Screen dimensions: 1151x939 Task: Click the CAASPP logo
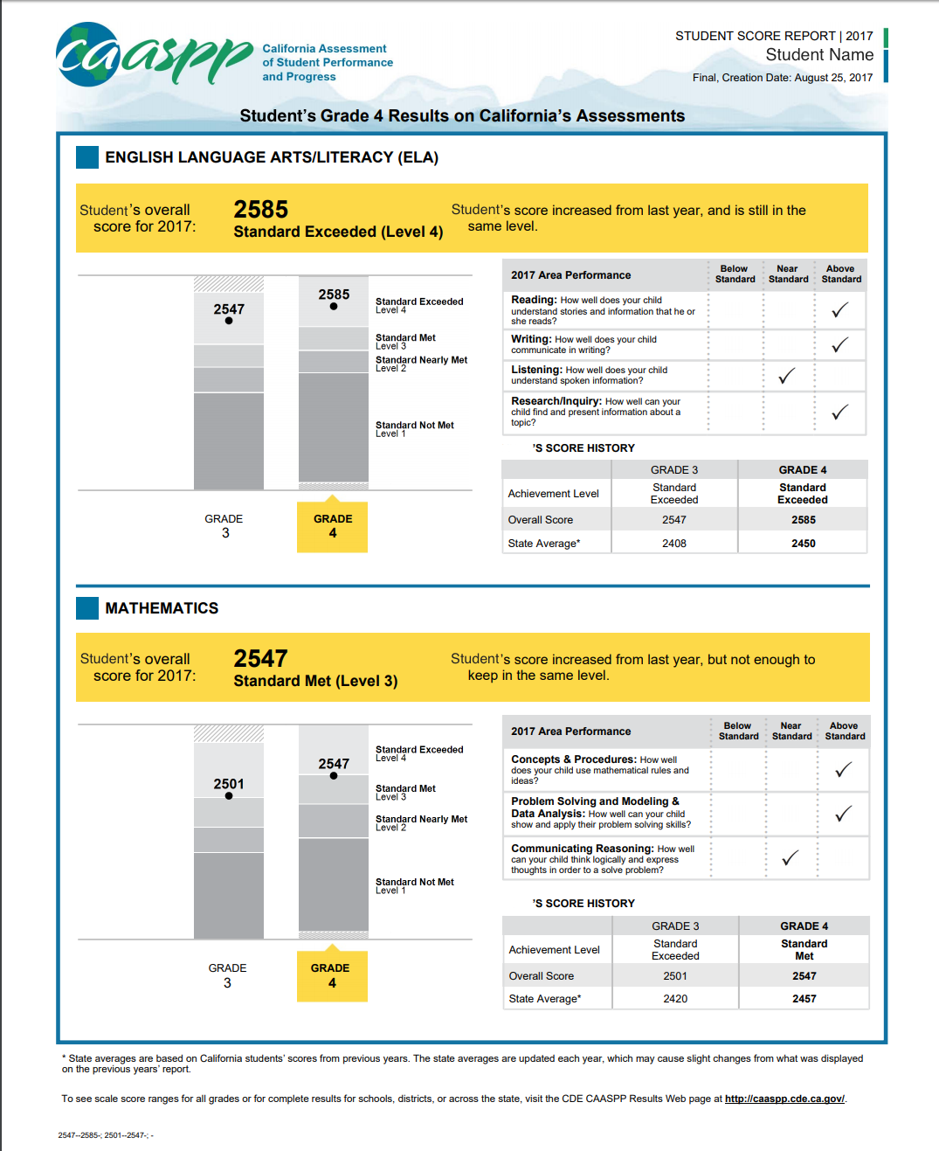tap(153, 55)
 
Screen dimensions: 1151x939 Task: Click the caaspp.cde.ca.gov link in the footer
tap(784, 1099)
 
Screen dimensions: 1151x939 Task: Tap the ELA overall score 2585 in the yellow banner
tap(260, 210)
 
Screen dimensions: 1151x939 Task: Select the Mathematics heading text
tap(162, 608)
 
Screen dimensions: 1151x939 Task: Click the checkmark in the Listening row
tap(787, 376)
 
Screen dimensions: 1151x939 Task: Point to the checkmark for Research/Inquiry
tap(839, 412)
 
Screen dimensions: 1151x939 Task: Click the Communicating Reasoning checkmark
tap(790, 858)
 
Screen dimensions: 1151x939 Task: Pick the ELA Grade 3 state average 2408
tap(673, 544)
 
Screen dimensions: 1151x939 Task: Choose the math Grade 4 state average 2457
tap(804, 999)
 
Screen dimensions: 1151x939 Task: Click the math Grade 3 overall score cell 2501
tap(674, 976)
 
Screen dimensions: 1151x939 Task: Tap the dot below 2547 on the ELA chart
tap(229, 321)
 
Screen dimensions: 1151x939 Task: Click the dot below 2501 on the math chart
tap(229, 796)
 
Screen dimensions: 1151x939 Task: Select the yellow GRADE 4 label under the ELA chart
tap(333, 526)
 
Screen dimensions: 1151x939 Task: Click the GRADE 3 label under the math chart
tap(227, 975)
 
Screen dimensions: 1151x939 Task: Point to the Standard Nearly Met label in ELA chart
tap(421, 360)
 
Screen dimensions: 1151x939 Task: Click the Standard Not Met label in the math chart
tap(414, 883)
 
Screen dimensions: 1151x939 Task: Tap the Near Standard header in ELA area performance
tap(788, 274)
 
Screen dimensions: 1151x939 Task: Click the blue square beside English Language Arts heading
tap(87, 157)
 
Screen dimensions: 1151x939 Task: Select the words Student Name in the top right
tap(818, 55)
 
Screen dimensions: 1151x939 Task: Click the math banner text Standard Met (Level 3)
tap(315, 681)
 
